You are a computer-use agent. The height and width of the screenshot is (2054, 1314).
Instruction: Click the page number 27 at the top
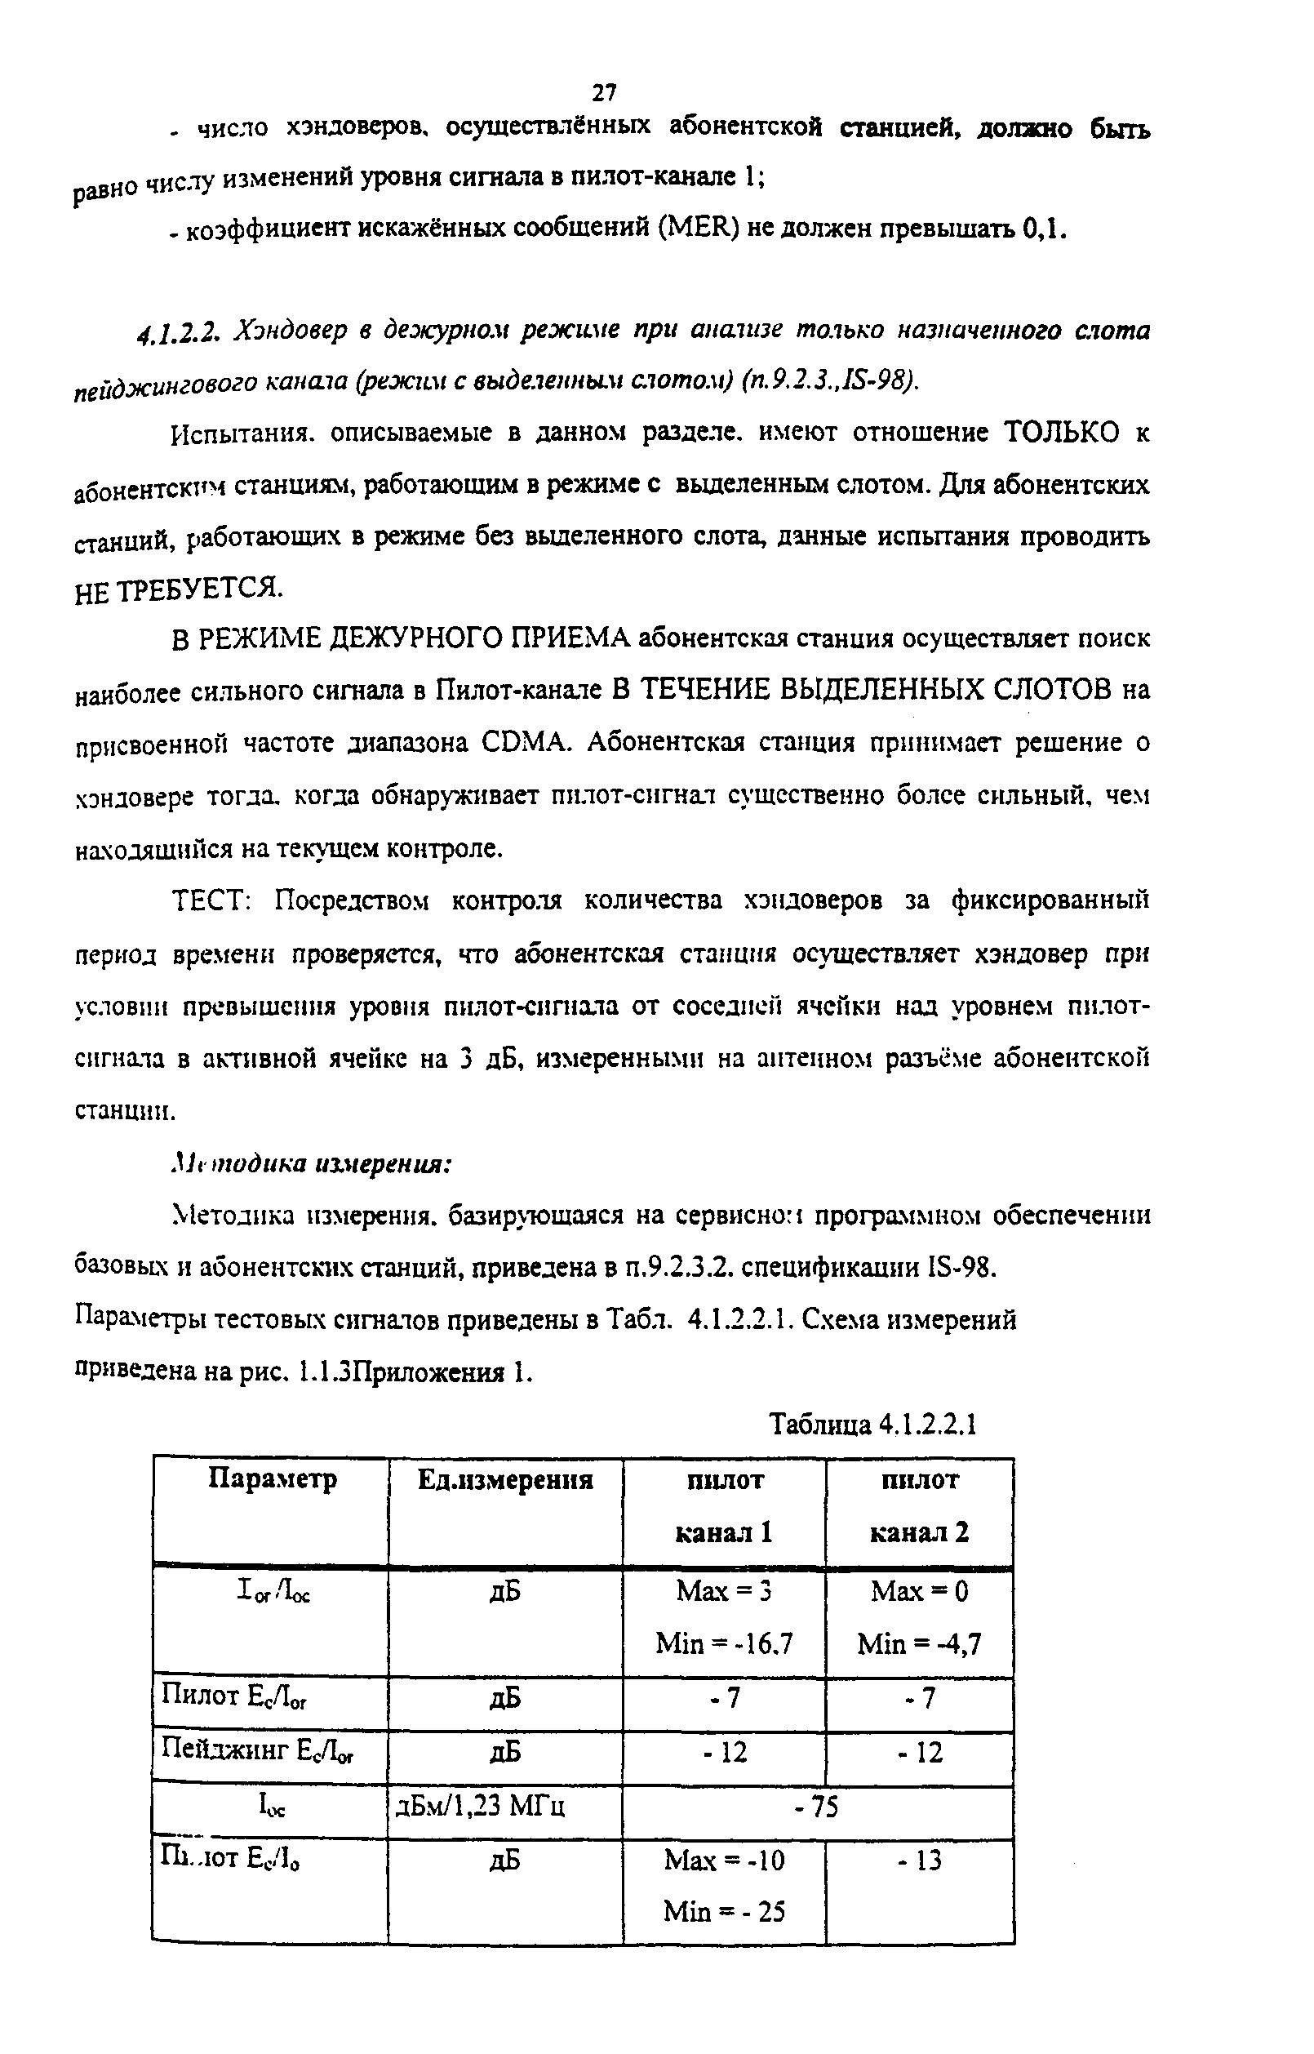pyautogui.click(x=604, y=91)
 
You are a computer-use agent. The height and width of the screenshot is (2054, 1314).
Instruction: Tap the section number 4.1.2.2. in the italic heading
pyautogui.click(x=181, y=331)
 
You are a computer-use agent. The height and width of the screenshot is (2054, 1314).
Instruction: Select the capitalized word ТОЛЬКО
pyautogui.click(x=1061, y=433)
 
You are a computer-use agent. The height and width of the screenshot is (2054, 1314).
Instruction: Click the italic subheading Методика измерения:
pyautogui.click(x=312, y=1164)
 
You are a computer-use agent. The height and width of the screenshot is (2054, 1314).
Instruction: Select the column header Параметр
pyautogui.click(x=273, y=1478)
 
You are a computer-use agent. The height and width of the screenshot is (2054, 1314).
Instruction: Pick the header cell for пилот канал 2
pyautogui.click(x=919, y=1505)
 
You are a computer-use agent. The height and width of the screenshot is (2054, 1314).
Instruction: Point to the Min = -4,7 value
pyautogui.click(x=919, y=1643)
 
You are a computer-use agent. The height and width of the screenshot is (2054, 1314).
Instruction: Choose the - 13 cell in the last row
pyautogui.click(x=919, y=1861)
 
